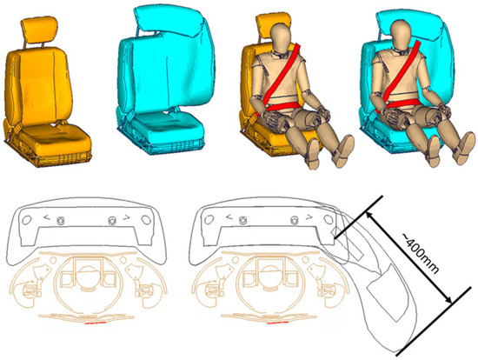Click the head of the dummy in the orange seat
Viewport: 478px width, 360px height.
(x=281, y=37)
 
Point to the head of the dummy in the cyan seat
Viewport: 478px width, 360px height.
(x=401, y=33)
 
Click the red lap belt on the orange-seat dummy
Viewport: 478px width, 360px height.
(x=282, y=106)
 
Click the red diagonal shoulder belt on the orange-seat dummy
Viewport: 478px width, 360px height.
(x=279, y=78)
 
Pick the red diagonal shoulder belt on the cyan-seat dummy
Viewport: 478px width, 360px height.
(x=399, y=77)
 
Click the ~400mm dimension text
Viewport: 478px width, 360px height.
(x=421, y=254)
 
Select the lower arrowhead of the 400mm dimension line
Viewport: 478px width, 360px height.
(x=448, y=299)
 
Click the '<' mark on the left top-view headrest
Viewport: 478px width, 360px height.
(x=47, y=217)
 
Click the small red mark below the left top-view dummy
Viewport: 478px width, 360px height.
(x=95, y=323)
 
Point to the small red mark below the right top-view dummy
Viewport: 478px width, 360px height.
(x=278, y=322)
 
